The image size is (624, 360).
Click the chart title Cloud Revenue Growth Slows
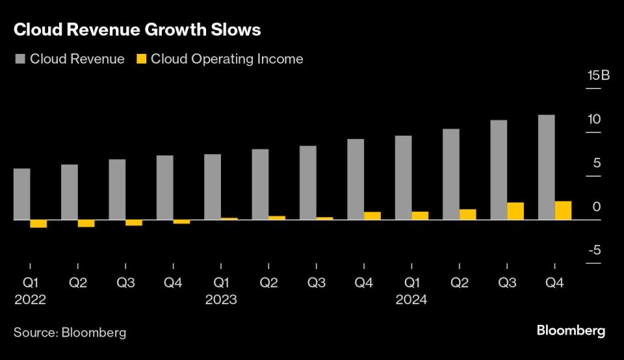click(138, 30)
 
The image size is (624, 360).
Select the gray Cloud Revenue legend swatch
click(20, 59)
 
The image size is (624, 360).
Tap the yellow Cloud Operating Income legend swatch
click(141, 59)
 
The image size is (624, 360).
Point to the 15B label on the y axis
click(598, 75)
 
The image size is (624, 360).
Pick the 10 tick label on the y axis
click(593, 120)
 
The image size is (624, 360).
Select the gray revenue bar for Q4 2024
click(546, 167)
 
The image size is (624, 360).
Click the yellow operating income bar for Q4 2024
click(564, 211)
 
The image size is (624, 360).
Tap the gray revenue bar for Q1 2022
click(22, 194)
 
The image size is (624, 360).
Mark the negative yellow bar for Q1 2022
click(39, 224)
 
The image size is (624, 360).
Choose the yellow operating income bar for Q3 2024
click(515, 211)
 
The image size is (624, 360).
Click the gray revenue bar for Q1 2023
click(213, 187)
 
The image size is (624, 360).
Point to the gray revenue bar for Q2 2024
click(450, 174)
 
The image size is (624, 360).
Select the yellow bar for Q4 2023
click(372, 216)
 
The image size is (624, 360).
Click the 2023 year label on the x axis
click(221, 300)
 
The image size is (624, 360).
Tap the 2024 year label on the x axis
click(411, 300)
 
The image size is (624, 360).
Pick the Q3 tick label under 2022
click(125, 283)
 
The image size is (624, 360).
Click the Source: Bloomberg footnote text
click(70, 333)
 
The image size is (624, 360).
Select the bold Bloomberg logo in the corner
click(571, 331)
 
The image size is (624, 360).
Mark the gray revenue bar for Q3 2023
click(307, 183)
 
